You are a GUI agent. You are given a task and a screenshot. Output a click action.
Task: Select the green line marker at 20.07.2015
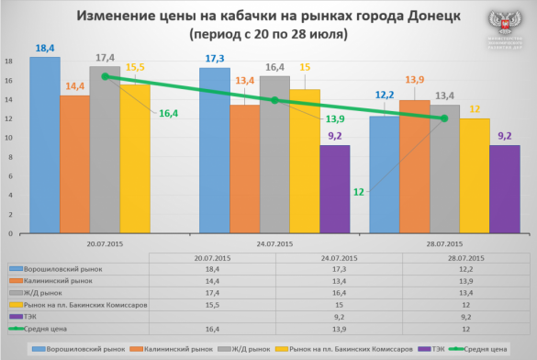(106, 77)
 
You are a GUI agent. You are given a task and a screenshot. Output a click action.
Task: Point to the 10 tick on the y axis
(8, 138)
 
